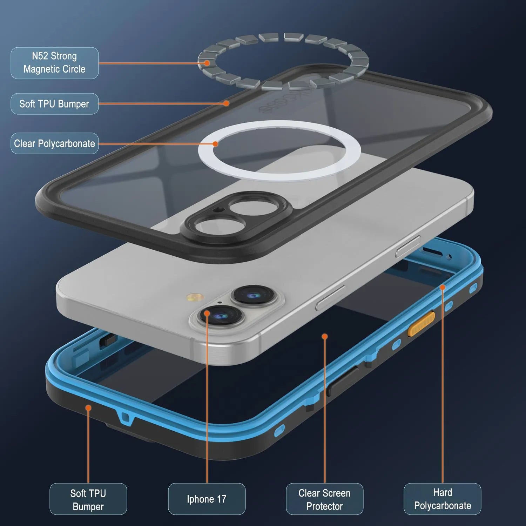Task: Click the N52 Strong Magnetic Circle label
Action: [54, 63]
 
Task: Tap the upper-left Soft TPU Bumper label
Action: [54, 104]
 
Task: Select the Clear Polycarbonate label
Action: [54, 143]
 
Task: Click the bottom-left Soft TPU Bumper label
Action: [88, 499]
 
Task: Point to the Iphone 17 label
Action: [207, 499]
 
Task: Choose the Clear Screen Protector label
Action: [324, 499]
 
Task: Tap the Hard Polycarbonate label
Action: [442, 499]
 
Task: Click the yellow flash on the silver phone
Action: [195, 298]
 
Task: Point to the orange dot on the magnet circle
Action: [207, 63]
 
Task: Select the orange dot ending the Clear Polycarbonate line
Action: [215, 144]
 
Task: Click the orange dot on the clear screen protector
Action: [325, 337]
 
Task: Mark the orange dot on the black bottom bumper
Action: [88, 408]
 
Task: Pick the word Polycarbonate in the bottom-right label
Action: [443, 506]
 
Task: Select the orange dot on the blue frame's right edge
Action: [443, 287]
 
